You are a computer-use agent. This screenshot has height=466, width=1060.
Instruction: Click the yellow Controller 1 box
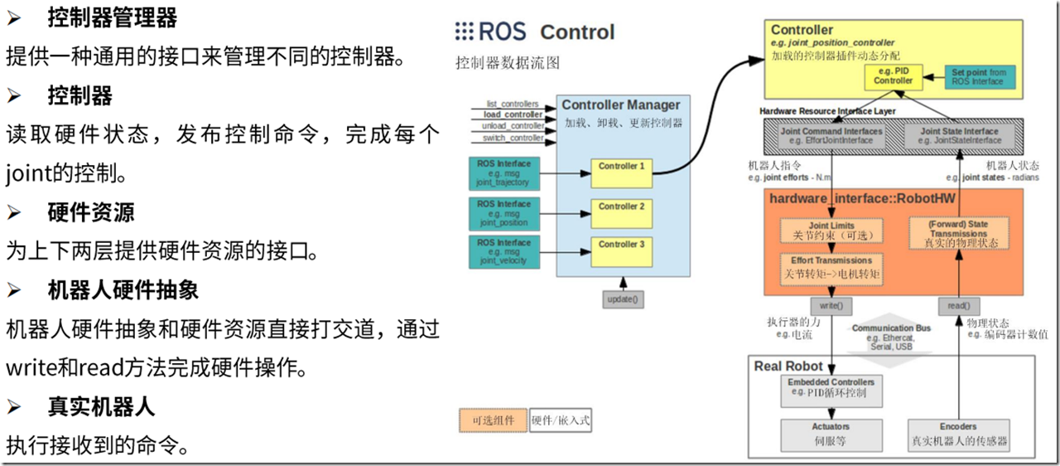pos(620,172)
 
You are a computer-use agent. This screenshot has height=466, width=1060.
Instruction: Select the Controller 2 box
pos(620,211)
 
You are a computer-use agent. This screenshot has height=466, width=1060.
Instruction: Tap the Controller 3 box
pos(620,249)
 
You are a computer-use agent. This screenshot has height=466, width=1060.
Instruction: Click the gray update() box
pos(623,299)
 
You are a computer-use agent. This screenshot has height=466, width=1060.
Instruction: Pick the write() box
pos(831,306)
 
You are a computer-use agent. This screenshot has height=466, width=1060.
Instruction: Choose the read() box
pos(958,306)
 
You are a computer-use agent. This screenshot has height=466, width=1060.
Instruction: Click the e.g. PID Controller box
pos(893,76)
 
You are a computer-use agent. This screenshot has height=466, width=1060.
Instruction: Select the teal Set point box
pos(979,77)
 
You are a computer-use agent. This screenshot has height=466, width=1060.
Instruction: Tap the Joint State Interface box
pos(959,135)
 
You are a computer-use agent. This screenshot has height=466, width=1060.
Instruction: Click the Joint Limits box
pos(831,231)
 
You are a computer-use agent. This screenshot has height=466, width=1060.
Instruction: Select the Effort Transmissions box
pos(831,267)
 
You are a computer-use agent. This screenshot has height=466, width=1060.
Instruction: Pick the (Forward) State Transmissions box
pos(959,234)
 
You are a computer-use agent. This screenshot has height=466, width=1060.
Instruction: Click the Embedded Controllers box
pos(831,387)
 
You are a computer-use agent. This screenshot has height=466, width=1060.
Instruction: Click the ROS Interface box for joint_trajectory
pos(503,172)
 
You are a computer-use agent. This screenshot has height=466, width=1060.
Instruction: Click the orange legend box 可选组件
pos(493,420)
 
